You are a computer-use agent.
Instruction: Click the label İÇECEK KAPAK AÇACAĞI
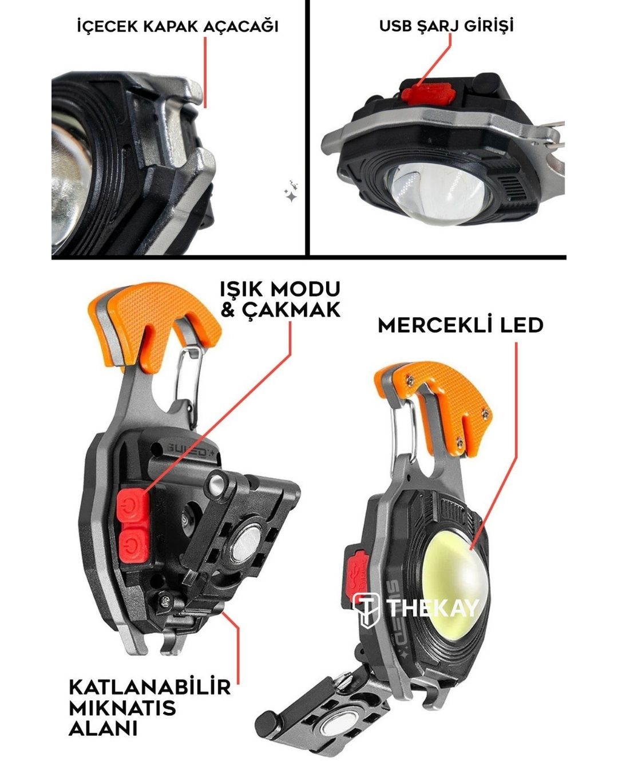(x=178, y=26)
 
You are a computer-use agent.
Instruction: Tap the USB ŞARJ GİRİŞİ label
(x=446, y=25)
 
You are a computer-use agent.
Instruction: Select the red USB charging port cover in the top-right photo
(x=429, y=93)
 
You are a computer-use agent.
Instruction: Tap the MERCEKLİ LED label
(x=461, y=325)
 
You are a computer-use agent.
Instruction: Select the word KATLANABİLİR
(x=149, y=687)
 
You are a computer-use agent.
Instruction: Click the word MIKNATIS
(x=122, y=708)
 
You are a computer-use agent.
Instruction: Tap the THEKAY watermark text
(x=433, y=608)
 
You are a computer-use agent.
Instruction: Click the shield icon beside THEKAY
(x=366, y=610)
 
